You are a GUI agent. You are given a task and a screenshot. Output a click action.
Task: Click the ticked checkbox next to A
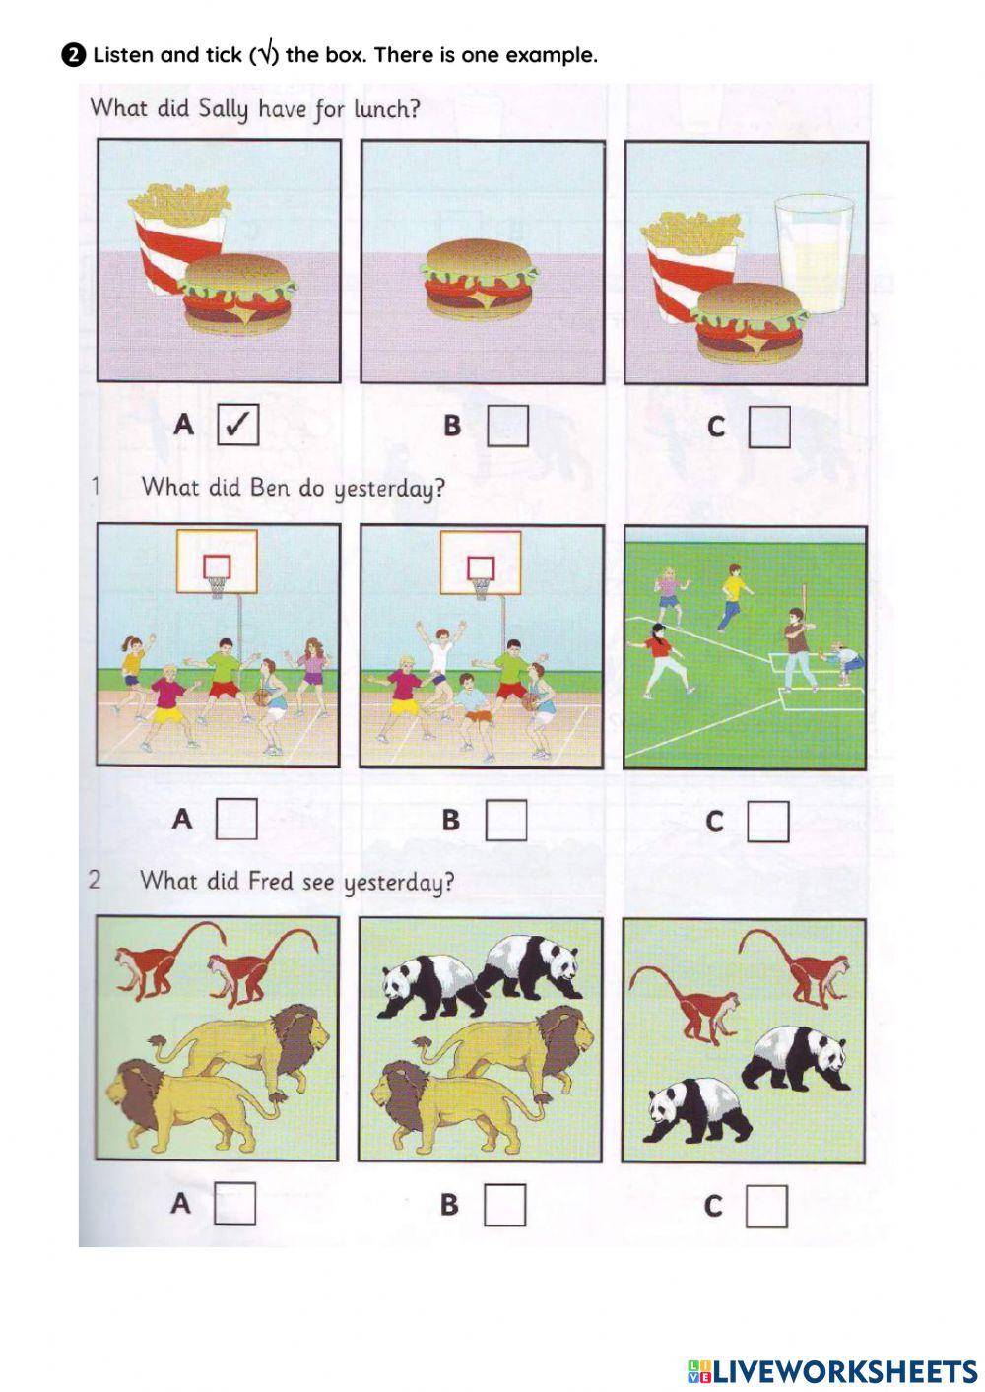(x=237, y=425)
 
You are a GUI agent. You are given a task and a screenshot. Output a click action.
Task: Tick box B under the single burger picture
(x=507, y=426)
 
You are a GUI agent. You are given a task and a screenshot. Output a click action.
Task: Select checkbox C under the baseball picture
(x=768, y=822)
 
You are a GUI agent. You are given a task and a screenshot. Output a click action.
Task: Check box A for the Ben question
(x=236, y=819)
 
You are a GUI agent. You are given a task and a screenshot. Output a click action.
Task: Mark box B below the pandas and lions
(x=504, y=1204)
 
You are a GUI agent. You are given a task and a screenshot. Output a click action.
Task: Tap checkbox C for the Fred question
(x=766, y=1206)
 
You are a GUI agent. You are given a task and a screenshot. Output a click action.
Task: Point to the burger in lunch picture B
(x=479, y=277)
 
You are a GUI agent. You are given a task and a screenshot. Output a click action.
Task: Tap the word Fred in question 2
(x=270, y=881)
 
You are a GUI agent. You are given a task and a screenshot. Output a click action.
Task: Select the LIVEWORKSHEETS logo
(x=832, y=1371)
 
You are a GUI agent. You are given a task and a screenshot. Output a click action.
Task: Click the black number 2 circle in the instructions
(x=73, y=56)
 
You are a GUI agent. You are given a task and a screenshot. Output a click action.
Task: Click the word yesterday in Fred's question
(x=398, y=883)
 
